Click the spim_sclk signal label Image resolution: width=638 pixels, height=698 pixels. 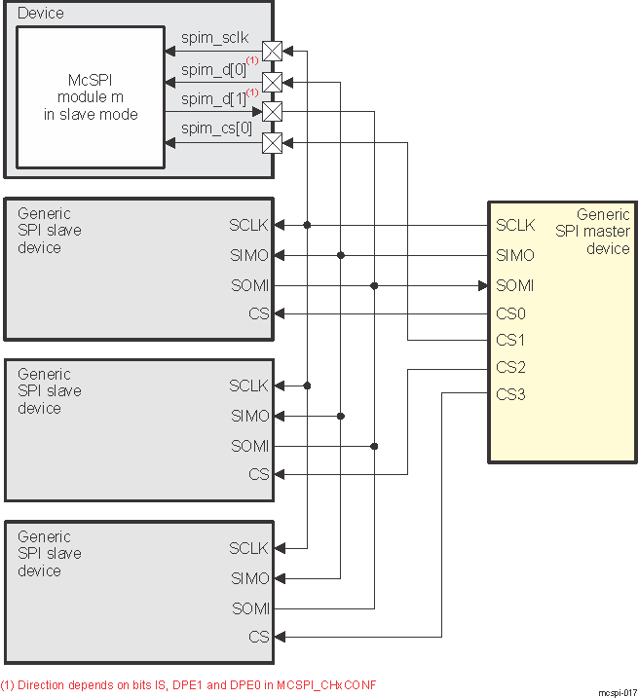pyautogui.click(x=214, y=38)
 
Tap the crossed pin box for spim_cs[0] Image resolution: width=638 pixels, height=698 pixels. pyautogui.click(x=273, y=144)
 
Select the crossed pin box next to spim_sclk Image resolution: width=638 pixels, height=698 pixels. pyautogui.click(x=273, y=51)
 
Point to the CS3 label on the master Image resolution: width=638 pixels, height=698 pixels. pyautogui.click(x=511, y=394)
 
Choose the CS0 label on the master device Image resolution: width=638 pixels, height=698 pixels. pyautogui.click(x=511, y=314)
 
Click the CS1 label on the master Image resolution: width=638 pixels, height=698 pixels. pyautogui.click(x=511, y=341)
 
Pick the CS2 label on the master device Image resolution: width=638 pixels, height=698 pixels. pyautogui.click(x=511, y=368)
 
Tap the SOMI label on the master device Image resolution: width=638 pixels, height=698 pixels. pyautogui.click(x=515, y=286)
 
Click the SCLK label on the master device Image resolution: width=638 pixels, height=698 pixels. pyautogui.click(x=515, y=225)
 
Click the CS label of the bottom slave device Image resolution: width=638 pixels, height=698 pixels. pyautogui.click(x=258, y=637)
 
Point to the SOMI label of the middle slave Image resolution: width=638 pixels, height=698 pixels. pyautogui.click(x=249, y=446)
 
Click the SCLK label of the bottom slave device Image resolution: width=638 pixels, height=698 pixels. pyautogui.click(x=249, y=548)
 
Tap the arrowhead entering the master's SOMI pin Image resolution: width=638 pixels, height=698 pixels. pyautogui.click(x=482, y=286)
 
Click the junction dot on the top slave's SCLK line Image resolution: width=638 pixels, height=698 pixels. pyautogui.click(x=308, y=225)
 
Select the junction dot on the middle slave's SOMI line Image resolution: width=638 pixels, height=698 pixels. pyautogui.click(x=374, y=446)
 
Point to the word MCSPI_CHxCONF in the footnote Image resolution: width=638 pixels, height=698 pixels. pyautogui.click(x=327, y=683)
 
